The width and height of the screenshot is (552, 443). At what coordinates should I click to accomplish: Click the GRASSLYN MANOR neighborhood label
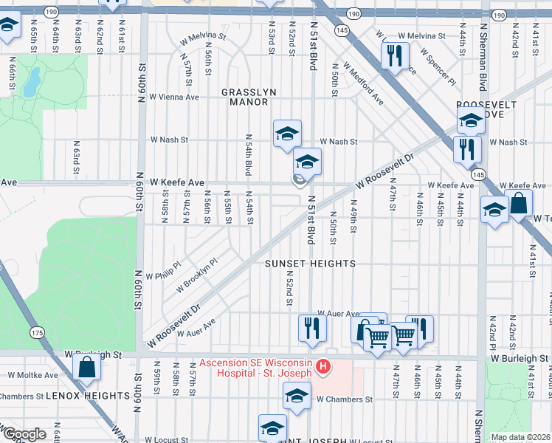click(249, 97)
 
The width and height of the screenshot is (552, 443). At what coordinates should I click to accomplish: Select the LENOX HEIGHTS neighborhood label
click(88, 396)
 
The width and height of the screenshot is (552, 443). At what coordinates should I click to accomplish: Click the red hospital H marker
click(322, 367)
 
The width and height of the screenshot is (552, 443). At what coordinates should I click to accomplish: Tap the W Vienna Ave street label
click(174, 97)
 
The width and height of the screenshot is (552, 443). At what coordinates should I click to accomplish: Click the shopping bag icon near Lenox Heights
click(87, 367)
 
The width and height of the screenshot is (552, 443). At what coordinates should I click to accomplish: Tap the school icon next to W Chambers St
click(297, 396)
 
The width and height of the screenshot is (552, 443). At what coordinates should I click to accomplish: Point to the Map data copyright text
click(520, 437)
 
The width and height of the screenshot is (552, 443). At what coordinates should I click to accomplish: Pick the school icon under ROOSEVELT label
click(471, 120)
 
